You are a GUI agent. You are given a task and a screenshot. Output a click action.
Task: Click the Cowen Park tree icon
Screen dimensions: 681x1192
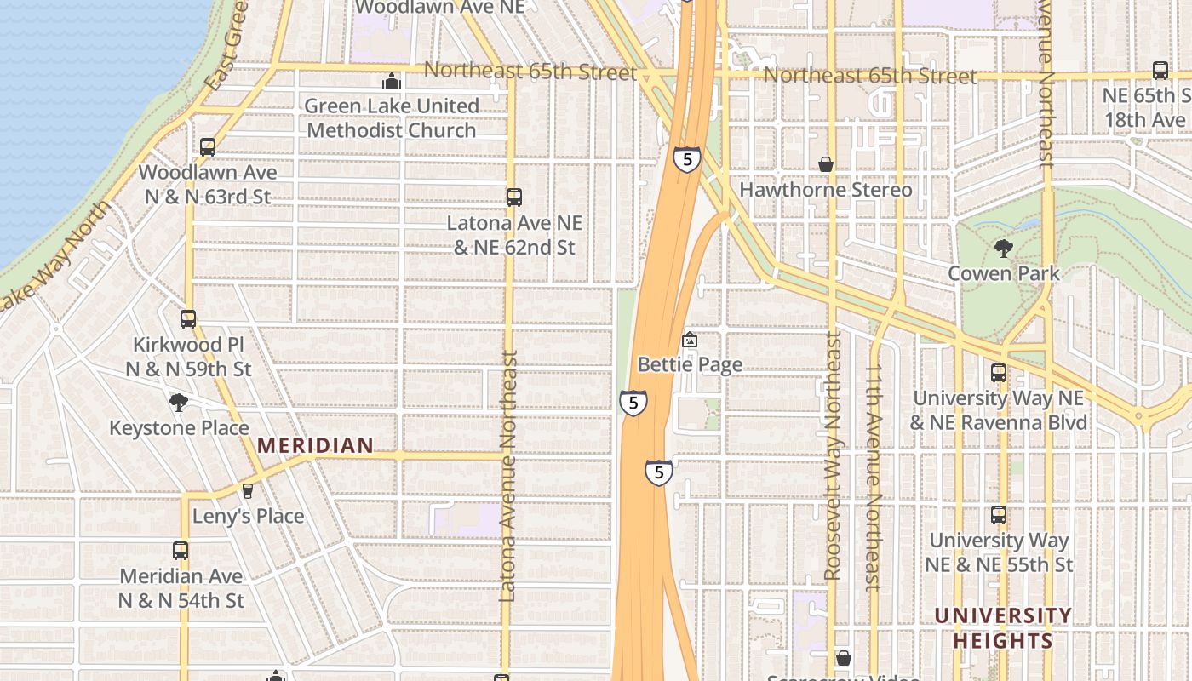point(1004,249)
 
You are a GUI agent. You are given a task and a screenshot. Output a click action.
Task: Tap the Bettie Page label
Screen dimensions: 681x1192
point(690,364)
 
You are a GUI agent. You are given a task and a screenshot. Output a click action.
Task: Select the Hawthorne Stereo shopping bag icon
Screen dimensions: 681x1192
point(825,164)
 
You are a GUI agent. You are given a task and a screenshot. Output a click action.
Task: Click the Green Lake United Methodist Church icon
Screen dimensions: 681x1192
point(392,82)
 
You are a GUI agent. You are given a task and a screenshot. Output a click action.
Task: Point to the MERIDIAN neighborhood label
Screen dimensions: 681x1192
point(315,445)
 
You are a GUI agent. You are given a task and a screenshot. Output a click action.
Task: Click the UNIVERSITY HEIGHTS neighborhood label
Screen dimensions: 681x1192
point(1002,627)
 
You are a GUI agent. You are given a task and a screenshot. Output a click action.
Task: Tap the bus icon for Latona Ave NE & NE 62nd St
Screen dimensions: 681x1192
point(513,197)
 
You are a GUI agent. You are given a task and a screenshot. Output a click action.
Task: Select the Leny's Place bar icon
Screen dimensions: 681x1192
point(248,491)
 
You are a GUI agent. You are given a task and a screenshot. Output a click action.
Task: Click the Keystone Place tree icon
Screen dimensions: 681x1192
point(178,403)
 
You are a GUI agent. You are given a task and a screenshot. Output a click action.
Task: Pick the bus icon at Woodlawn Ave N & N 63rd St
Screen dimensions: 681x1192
point(207,147)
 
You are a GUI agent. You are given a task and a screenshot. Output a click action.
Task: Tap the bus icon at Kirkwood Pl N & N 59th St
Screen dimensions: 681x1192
point(188,319)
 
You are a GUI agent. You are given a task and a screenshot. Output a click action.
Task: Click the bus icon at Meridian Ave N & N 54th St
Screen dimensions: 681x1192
point(181,551)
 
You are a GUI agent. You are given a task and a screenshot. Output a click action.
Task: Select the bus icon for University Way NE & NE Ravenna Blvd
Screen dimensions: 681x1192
point(998,373)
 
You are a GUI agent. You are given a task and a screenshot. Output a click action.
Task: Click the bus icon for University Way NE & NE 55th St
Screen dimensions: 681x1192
point(998,515)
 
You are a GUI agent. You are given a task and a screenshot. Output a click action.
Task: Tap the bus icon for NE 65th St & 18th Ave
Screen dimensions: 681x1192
point(1160,71)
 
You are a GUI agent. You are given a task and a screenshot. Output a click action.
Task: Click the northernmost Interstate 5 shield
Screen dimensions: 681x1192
point(686,159)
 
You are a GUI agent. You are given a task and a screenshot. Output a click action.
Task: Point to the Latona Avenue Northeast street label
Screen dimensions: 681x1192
point(508,477)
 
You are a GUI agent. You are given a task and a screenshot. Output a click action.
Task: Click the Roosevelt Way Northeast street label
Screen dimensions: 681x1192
point(833,455)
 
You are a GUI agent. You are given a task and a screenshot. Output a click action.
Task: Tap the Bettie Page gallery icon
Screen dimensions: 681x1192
point(690,340)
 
